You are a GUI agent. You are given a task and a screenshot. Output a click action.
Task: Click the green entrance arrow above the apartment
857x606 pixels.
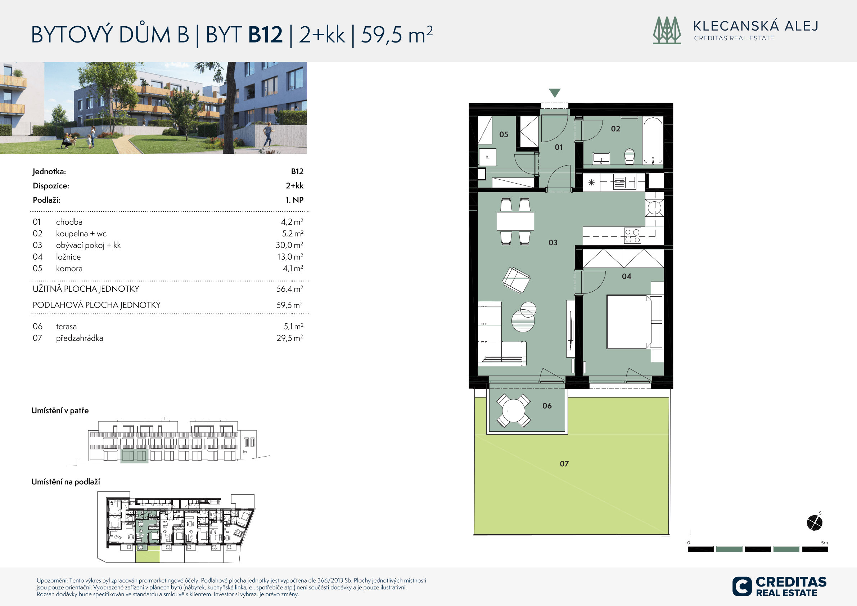pyautogui.click(x=555, y=93)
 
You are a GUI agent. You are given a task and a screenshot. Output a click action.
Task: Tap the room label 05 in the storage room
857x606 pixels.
pyautogui.click(x=504, y=134)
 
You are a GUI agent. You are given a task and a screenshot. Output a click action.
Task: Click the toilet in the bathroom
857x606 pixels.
pyautogui.click(x=629, y=156)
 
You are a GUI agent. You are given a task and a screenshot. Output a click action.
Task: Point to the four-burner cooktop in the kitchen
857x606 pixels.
pyautogui.click(x=632, y=235)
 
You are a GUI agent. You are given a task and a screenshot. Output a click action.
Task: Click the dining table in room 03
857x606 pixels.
pyautogui.click(x=515, y=221)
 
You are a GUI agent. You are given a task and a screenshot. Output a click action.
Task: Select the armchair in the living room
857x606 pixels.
pyautogui.click(x=516, y=280)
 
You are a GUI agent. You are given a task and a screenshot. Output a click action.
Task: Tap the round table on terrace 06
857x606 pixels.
pyautogui.click(x=514, y=411)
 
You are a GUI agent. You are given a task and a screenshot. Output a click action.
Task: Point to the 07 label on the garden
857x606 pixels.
pyautogui.click(x=564, y=464)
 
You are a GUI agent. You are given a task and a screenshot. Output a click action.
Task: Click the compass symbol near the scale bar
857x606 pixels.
pyautogui.click(x=815, y=522)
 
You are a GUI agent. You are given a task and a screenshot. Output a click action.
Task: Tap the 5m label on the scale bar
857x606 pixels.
pyautogui.click(x=824, y=543)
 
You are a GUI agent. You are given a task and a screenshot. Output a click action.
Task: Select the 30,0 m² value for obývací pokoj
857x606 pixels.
pyautogui.click(x=289, y=245)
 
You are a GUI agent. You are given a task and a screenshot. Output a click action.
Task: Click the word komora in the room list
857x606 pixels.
pyautogui.click(x=69, y=269)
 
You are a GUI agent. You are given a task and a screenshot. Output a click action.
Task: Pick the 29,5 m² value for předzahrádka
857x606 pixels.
pyautogui.click(x=290, y=338)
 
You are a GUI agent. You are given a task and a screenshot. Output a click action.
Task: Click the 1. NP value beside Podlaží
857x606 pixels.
pyautogui.click(x=294, y=200)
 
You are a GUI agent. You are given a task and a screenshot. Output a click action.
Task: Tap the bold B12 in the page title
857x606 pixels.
pyautogui.click(x=265, y=34)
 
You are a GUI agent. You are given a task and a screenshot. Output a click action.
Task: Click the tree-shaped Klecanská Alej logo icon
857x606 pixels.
pyautogui.click(x=667, y=30)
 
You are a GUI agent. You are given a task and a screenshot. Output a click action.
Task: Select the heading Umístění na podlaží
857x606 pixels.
pyautogui.click(x=66, y=482)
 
